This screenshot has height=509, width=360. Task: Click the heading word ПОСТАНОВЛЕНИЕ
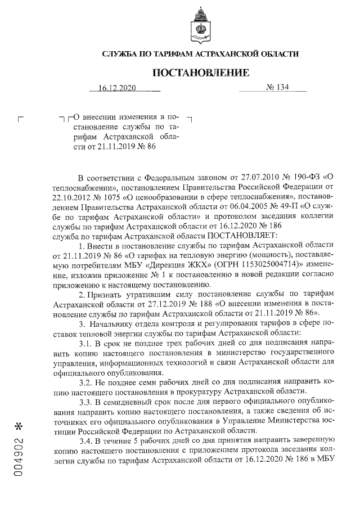[200, 73]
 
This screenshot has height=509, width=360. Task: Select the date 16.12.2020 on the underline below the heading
[117, 88]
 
